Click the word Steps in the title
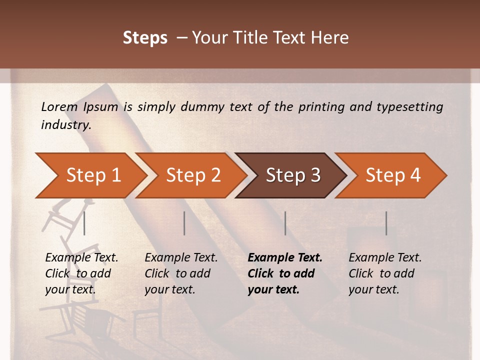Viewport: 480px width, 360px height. point(145,38)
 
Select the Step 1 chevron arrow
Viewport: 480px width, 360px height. point(90,175)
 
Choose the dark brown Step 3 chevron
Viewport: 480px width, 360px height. point(291,175)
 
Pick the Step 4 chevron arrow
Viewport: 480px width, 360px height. point(391,175)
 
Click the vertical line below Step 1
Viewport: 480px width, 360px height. point(84,223)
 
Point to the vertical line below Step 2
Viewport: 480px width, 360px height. point(184,223)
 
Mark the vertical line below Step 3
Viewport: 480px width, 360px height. point(285,223)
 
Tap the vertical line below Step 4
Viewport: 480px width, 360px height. point(386,223)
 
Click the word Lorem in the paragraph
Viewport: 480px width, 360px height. point(59,107)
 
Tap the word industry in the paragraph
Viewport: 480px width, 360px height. point(66,125)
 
